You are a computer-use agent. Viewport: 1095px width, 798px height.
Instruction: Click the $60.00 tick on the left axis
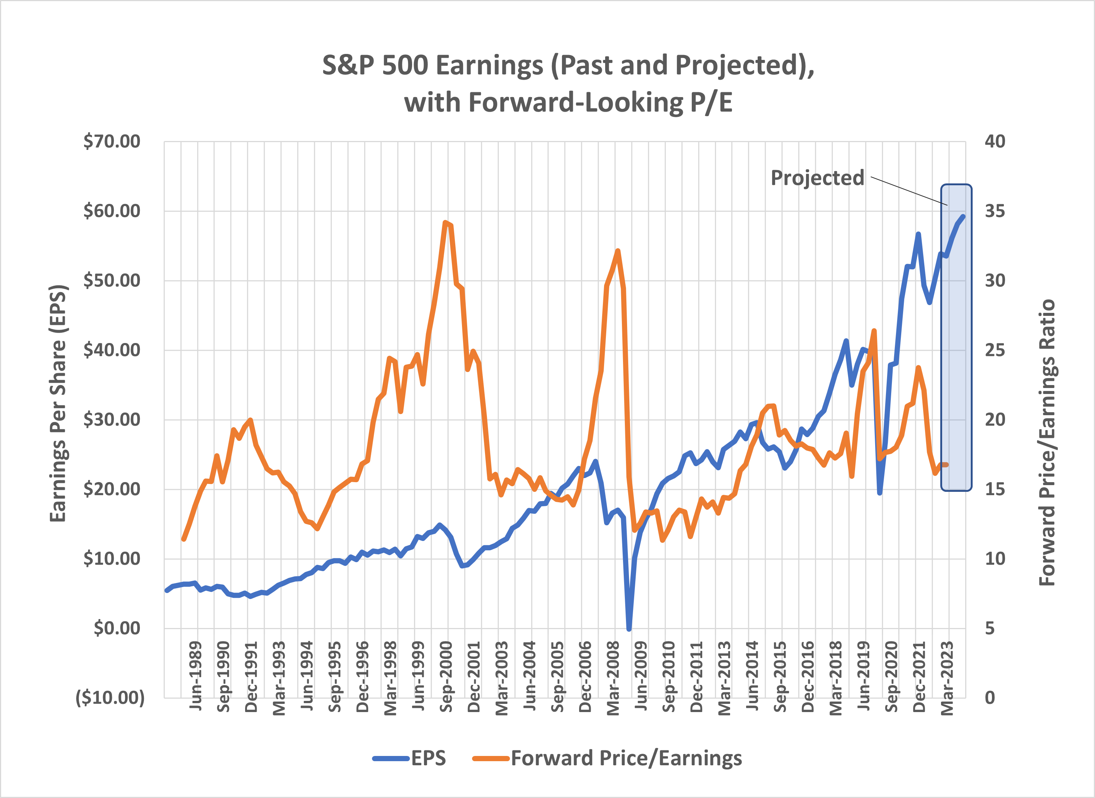pyautogui.click(x=112, y=211)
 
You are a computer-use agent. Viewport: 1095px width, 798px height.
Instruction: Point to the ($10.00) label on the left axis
pyautogui.click(x=110, y=698)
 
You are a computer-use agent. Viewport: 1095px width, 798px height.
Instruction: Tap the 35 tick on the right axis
pyautogui.click(x=995, y=211)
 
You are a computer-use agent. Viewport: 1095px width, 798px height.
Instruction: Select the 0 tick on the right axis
pyautogui.click(x=990, y=698)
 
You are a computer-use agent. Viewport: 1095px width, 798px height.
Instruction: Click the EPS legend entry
pyautogui.click(x=428, y=759)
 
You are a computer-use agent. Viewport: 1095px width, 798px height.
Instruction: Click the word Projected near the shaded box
pyautogui.click(x=817, y=178)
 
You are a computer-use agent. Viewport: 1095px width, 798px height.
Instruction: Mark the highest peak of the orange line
pyautogui.click(x=446, y=223)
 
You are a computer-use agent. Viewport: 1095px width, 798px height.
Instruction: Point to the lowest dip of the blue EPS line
pyautogui.click(x=629, y=629)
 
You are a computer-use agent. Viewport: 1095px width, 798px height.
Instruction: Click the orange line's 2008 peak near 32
pyautogui.click(x=617, y=251)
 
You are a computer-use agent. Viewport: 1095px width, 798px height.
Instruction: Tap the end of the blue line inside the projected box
pyautogui.click(x=963, y=217)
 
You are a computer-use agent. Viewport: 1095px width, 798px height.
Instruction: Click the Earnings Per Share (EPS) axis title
pyautogui.click(x=58, y=403)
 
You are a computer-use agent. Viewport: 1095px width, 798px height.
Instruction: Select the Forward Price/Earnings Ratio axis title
pyautogui.click(x=1047, y=442)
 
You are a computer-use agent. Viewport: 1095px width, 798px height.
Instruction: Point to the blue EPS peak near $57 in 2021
pyautogui.click(x=918, y=234)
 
